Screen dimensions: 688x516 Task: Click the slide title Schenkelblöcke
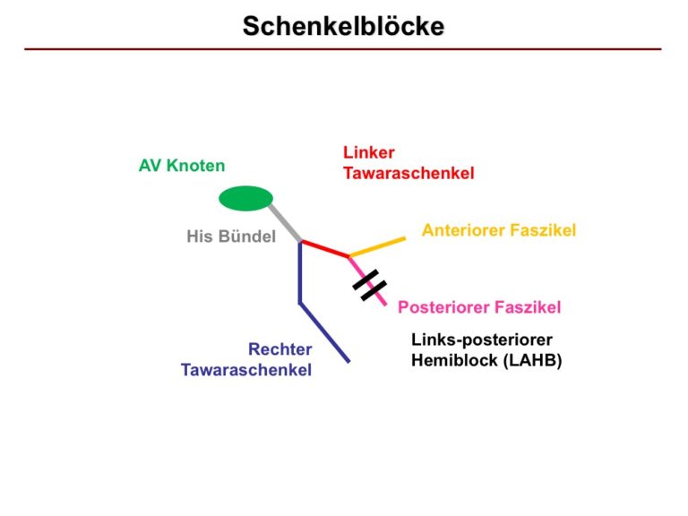coord(343,26)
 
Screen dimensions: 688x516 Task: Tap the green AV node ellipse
coord(245,198)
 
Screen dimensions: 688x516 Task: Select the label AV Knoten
coord(182,166)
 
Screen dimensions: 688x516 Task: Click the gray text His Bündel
coord(231,236)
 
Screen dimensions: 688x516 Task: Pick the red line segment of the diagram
coord(325,248)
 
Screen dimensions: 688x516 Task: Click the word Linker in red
coord(368,152)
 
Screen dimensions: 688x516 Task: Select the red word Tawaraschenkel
coord(408,173)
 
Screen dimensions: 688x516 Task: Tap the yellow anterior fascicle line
coord(377,246)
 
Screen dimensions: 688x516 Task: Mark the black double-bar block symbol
coord(369,286)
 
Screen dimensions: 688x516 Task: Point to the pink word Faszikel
coord(526,307)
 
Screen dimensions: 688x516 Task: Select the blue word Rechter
coord(279,349)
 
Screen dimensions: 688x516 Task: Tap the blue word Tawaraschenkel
coord(246,370)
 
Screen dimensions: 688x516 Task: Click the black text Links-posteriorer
coord(482,340)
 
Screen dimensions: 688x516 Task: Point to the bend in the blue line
coord(300,303)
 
